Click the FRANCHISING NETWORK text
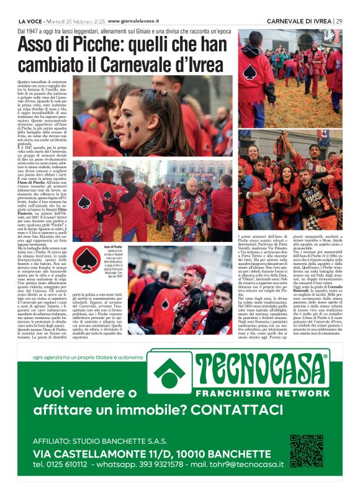(264, 394)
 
